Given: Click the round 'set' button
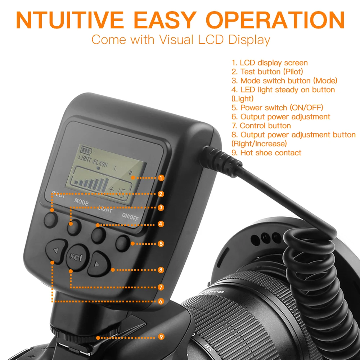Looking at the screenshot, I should tap(76, 257).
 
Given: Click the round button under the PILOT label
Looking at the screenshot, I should tap(51, 219).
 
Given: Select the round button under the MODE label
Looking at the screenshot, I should tap(74, 228).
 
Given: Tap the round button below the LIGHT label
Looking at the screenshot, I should tap(98, 235).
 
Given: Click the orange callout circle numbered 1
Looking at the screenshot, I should tap(161, 177).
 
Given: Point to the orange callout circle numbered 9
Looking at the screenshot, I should tap(161, 337).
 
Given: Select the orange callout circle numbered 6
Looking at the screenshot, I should tap(161, 301).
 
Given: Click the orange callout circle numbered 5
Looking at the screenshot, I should tap(161, 243).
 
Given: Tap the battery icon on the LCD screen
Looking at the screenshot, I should tap(86, 149).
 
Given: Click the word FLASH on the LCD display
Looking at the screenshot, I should tap(100, 163).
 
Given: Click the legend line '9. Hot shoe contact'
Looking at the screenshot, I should tap(266, 153).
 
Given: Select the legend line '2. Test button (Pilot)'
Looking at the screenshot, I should tap(267, 72).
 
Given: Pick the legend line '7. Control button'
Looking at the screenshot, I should tap(261, 126).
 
